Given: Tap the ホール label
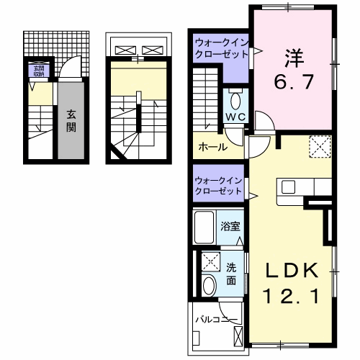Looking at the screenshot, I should coord(213,148).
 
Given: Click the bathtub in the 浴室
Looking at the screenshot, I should coord(205,228).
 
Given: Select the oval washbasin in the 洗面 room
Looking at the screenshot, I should coord(210,285).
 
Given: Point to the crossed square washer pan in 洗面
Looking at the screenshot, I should coord(210,261).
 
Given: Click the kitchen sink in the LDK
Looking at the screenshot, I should coord(289,188).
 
